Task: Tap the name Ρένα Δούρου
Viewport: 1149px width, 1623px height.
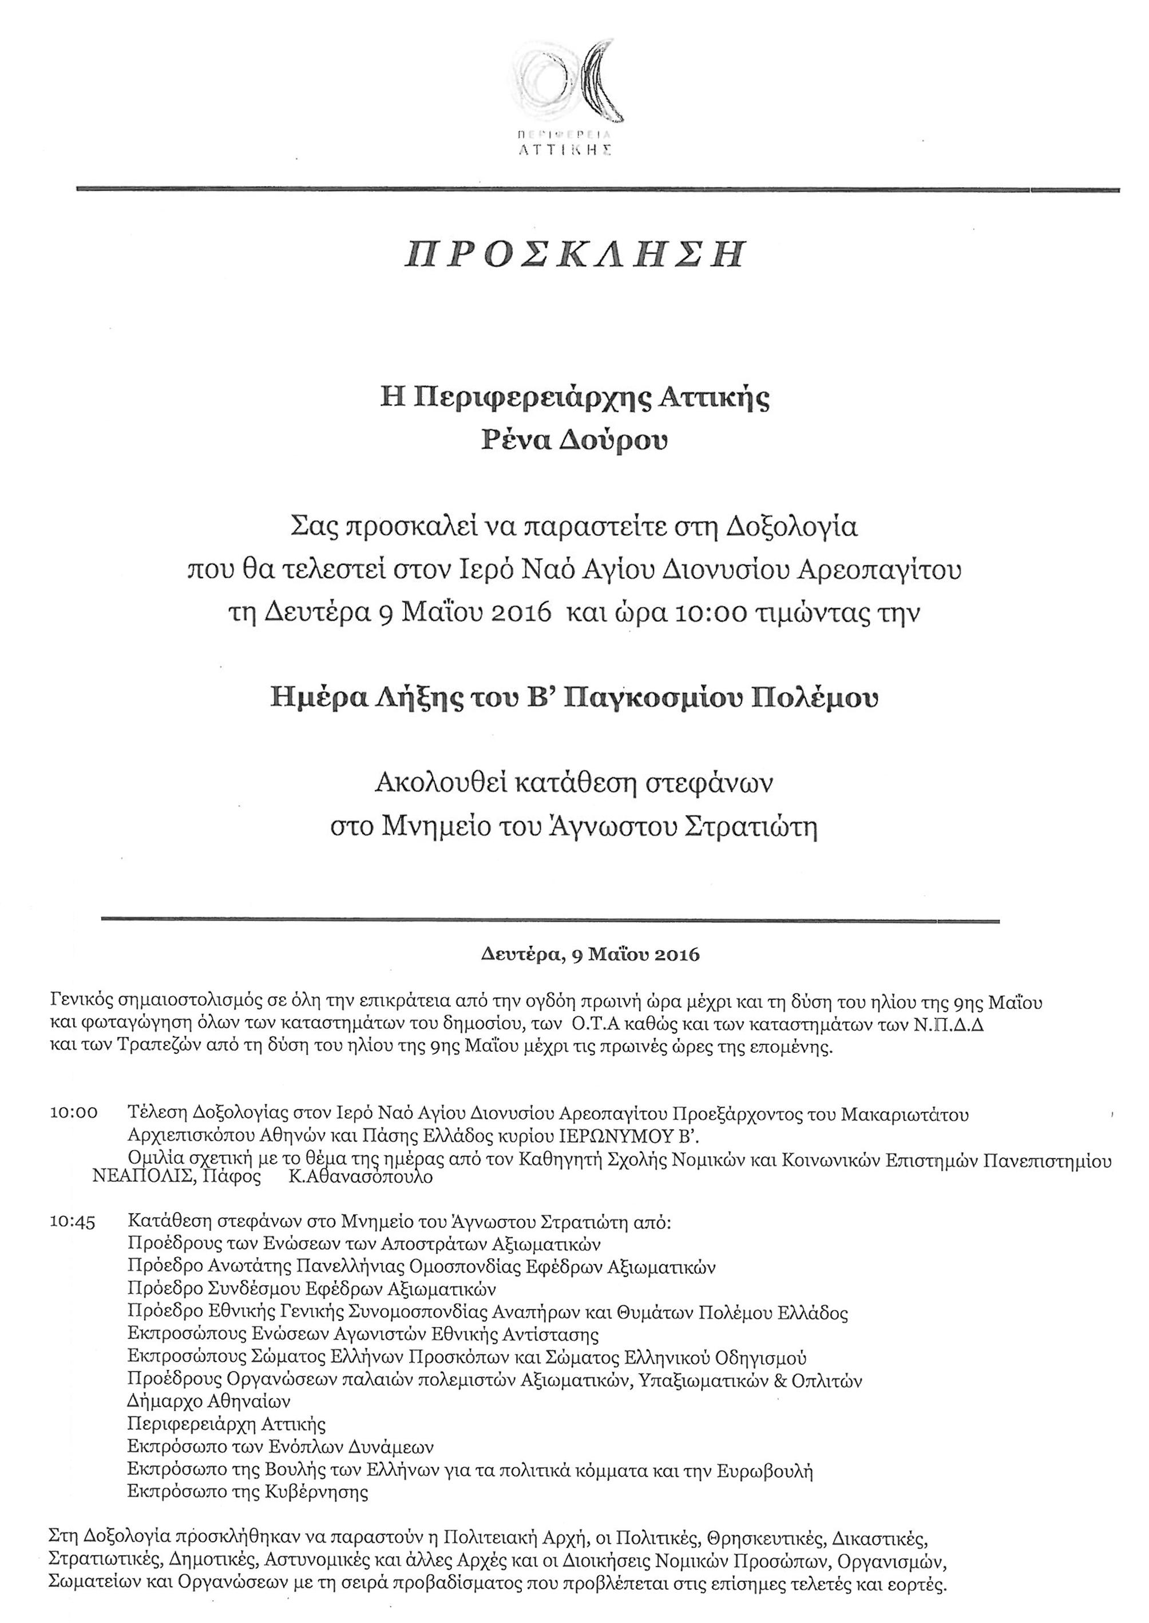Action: point(574,441)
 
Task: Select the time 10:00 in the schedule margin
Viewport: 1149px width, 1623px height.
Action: point(74,1113)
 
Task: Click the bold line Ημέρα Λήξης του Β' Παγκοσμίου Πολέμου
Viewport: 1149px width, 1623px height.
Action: point(574,698)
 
